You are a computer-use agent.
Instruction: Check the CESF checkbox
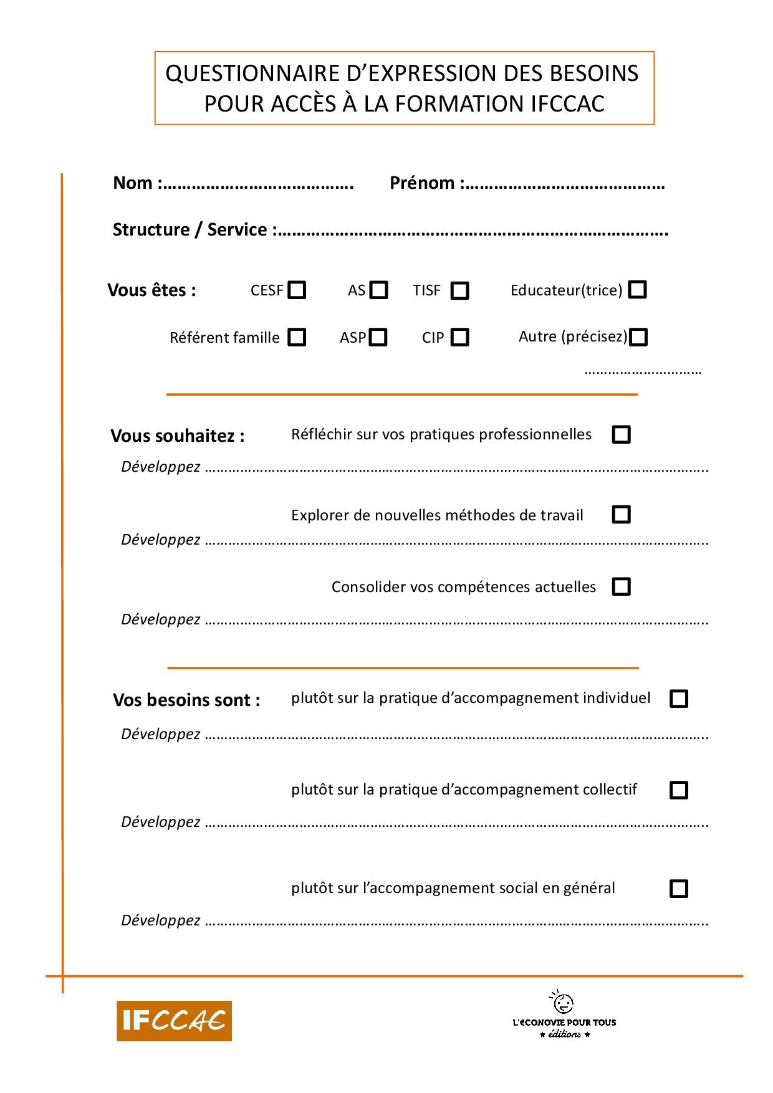click(297, 290)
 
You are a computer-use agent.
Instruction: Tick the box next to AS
click(378, 290)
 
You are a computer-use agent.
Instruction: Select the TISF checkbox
click(459, 291)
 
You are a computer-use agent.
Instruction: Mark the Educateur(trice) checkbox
click(637, 290)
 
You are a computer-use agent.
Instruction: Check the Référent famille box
click(297, 337)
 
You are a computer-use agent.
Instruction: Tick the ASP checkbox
click(378, 337)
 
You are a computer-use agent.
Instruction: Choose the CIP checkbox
click(459, 337)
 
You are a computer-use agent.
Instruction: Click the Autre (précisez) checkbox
click(638, 337)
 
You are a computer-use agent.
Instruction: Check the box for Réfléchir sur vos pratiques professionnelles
click(621, 434)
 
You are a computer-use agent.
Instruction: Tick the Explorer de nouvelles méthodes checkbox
click(621, 515)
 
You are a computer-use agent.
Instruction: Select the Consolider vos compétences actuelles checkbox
click(621, 587)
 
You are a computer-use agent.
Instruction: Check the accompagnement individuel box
click(678, 699)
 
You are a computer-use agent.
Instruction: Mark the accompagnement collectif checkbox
click(678, 790)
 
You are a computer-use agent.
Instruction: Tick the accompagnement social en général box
click(678, 888)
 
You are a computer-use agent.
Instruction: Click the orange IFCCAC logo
click(174, 1021)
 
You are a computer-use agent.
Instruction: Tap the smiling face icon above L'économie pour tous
click(564, 1003)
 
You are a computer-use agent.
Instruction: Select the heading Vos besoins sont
click(186, 700)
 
